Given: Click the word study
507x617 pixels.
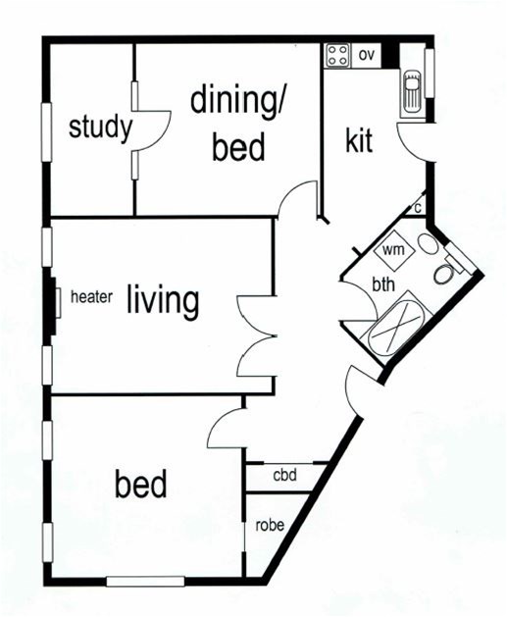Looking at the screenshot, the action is [100, 128].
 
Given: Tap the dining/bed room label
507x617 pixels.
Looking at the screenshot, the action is [237, 125].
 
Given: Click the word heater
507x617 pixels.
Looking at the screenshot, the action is [91, 297].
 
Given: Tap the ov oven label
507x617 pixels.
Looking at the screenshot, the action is [366, 56].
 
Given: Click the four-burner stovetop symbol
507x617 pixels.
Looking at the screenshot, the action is [338, 56].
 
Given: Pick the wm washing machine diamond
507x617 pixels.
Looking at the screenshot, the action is [393, 249].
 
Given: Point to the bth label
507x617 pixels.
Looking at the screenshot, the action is [383, 284].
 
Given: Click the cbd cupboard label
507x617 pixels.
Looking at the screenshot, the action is [284, 476].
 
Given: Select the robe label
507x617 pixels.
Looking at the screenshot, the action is [270, 526].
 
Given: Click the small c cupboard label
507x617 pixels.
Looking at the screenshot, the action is [418, 207].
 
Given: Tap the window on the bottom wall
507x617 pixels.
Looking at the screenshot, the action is [145, 581].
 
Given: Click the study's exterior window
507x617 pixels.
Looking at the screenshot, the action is [47, 131].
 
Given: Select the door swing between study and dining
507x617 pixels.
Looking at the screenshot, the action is [152, 130].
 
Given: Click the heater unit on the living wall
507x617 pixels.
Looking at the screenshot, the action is [58, 302].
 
